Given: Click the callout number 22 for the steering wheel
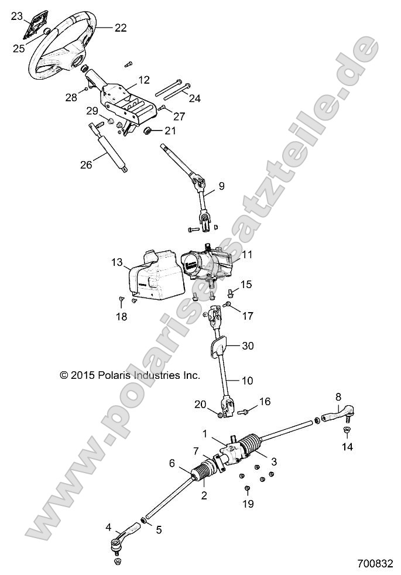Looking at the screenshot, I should (120, 27).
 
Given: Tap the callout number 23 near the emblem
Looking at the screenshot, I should (18, 16).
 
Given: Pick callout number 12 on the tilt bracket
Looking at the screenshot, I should (143, 79).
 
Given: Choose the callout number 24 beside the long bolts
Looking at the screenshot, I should (194, 99).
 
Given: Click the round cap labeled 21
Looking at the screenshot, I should (148, 130).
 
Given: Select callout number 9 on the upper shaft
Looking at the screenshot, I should (221, 187).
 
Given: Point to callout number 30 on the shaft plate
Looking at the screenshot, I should (248, 346).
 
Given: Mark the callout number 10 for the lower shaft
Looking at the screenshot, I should (247, 380).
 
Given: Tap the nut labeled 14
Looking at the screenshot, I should (345, 432).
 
